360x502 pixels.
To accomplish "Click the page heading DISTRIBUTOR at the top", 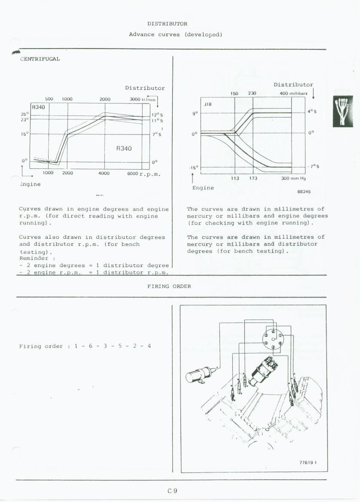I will [167, 24].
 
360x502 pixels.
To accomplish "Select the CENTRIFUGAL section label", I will [40, 59].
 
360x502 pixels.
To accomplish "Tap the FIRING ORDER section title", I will [169, 286].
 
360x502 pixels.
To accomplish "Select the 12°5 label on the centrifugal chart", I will [156, 115].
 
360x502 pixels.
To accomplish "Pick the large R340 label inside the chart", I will [124, 149].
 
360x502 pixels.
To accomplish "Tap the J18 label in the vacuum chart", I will [208, 103].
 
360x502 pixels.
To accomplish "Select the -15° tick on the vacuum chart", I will [194, 167].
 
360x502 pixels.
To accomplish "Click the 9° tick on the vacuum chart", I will [195, 113].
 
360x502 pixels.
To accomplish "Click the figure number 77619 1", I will [308, 462].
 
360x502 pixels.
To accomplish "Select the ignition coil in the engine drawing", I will [199, 374].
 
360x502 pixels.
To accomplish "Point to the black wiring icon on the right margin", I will [343, 111].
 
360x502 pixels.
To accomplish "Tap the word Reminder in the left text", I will [34, 259].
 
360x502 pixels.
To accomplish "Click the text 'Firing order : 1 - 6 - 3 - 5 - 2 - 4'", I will [85, 346].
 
